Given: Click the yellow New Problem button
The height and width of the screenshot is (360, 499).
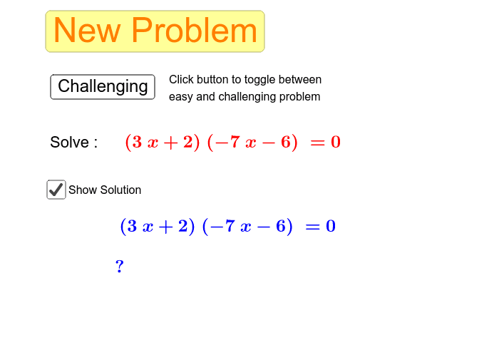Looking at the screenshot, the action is pyautogui.click(x=155, y=31).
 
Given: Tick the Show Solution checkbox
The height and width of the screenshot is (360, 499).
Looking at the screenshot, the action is pyautogui.click(x=56, y=190).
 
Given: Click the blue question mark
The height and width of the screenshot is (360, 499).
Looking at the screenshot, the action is pyautogui.click(x=119, y=266).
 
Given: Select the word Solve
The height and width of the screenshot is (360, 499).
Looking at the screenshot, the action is pyautogui.click(x=69, y=142).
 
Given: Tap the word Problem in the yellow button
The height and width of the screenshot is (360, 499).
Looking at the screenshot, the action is pyautogui.click(x=194, y=30).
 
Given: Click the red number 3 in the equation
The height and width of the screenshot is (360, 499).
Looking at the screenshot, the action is pyautogui.click(x=137, y=142).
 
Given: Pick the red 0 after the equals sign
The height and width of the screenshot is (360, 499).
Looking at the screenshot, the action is pyautogui.click(x=336, y=142).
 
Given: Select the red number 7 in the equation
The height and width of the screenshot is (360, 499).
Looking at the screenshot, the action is pyautogui.click(x=235, y=142).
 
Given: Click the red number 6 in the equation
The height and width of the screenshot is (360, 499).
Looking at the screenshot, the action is pyautogui.click(x=285, y=142).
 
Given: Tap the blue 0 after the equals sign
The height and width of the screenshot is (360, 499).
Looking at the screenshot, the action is pyautogui.click(x=331, y=226).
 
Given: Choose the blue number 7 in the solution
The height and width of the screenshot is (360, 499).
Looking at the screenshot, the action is pyautogui.click(x=230, y=226).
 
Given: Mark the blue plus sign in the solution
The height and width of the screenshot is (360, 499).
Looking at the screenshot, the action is pyautogui.click(x=165, y=227).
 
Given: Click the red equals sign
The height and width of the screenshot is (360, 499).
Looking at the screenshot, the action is pyautogui.click(x=318, y=143).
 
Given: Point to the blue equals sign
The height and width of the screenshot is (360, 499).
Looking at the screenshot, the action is pyautogui.click(x=312, y=227).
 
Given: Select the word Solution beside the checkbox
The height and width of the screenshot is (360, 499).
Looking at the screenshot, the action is pyautogui.click(x=120, y=190).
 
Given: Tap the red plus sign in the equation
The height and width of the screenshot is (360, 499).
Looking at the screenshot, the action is pyautogui.click(x=170, y=143).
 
